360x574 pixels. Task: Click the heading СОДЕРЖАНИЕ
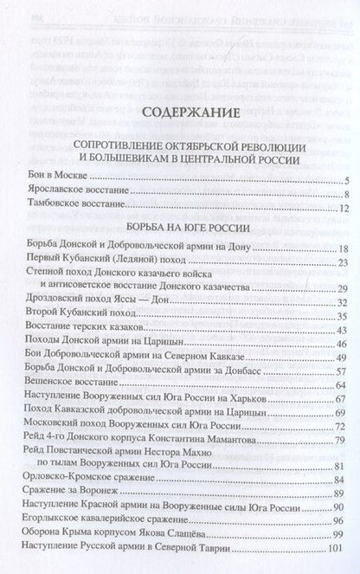tap(179, 112)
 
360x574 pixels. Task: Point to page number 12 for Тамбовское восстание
tap(341, 210)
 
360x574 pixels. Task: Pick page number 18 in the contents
tap(341, 248)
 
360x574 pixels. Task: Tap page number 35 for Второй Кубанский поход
tap(341, 316)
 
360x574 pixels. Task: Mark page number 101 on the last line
tap(339, 550)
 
